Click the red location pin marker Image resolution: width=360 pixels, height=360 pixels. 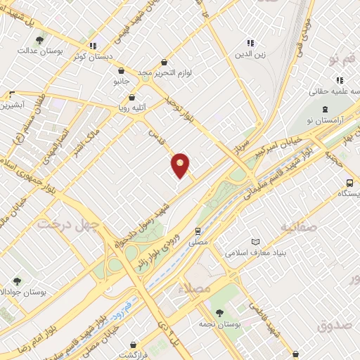point(181,165)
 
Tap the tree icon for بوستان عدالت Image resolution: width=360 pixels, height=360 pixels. point(39,39)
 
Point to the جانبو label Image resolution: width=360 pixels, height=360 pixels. point(122,82)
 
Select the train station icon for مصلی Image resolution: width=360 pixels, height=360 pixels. point(198,230)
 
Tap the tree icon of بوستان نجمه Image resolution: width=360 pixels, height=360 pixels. point(219,313)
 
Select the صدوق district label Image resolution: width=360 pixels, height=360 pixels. point(333,325)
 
